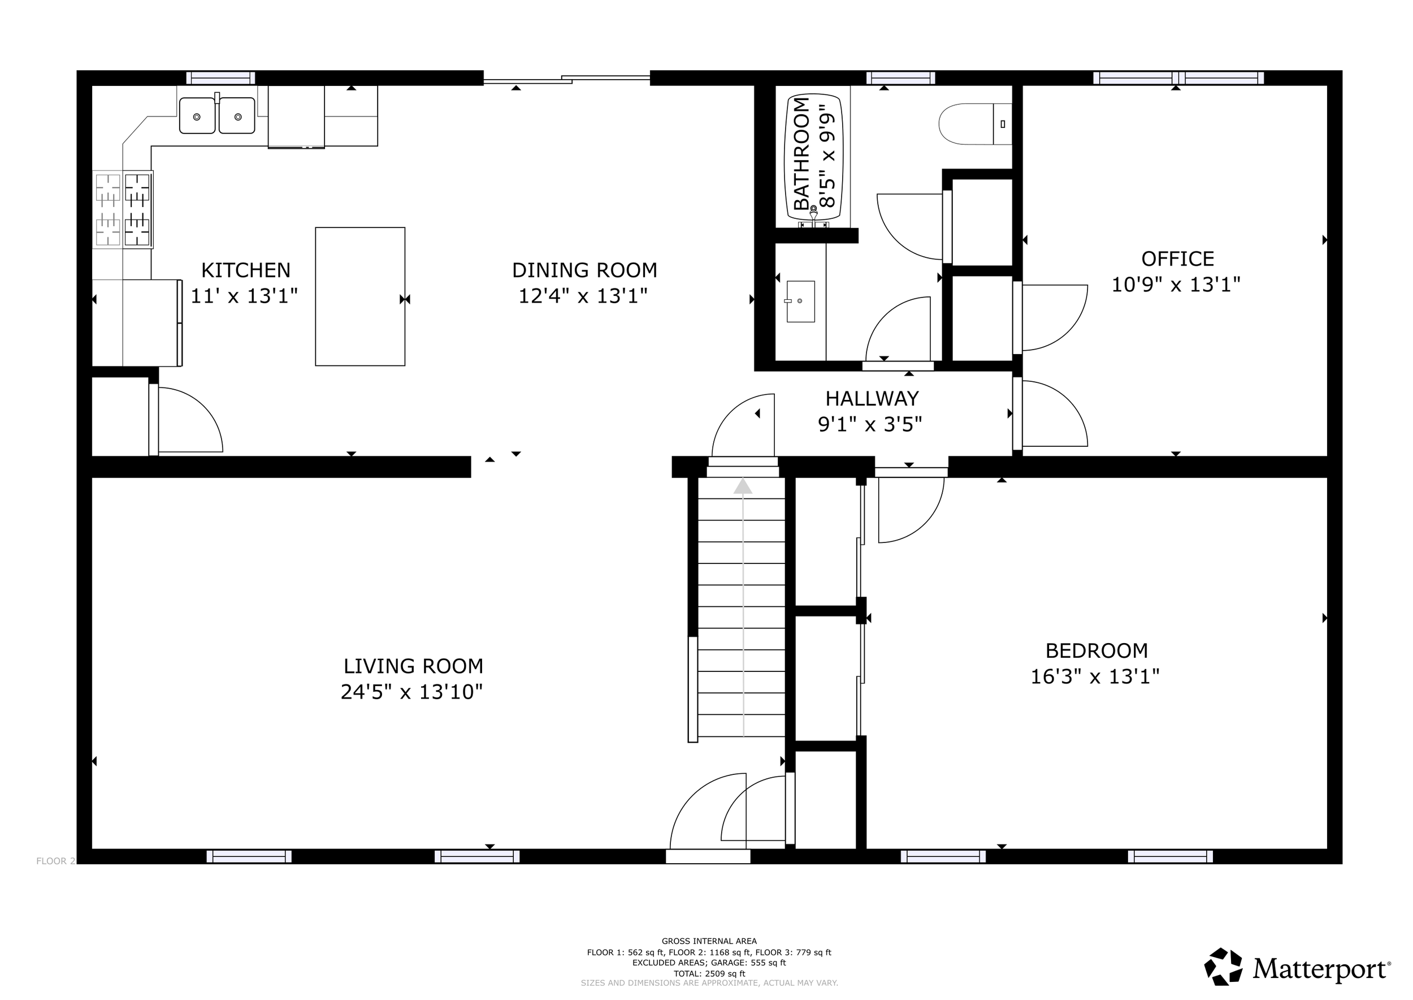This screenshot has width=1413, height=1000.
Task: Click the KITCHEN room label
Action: click(x=245, y=270)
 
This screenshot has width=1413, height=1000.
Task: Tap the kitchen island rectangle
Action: click(x=360, y=296)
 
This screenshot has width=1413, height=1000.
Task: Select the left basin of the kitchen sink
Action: click(x=197, y=116)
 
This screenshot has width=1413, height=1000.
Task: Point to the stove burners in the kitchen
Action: click(x=123, y=210)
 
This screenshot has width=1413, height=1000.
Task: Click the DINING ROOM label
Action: click(x=584, y=270)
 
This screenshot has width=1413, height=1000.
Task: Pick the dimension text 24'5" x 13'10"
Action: click(x=411, y=692)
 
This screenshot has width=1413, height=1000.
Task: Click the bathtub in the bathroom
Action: click(x=813, y=161)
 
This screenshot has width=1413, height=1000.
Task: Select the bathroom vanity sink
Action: click(x=800, y=301)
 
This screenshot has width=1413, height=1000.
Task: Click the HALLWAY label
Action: click(x=872, y=398)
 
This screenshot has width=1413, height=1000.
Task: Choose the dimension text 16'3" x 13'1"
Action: click(x=1095, y=676)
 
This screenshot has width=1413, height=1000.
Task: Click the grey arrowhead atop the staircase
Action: click(x=743, y=486)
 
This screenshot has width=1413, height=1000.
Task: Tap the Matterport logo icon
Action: click(x=1224, y=967)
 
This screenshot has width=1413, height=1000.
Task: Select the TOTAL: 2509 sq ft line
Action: click(x=709, y=973)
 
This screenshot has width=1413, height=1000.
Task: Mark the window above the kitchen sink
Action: click(x=221, y=78)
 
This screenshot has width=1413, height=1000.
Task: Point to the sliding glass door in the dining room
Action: click(x=567, y=78)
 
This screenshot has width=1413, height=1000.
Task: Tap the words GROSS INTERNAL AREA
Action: click(x=709, y=941)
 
